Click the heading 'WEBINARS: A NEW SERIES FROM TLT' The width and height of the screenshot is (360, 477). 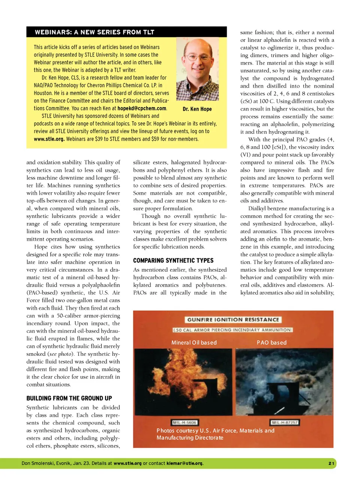94,32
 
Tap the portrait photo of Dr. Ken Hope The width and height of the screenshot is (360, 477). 197,70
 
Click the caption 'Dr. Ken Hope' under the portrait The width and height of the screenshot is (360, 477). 197,109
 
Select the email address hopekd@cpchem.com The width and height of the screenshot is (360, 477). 142,108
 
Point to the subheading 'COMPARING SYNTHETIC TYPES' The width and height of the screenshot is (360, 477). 173,260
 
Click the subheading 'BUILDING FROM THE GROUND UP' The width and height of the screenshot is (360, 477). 69,398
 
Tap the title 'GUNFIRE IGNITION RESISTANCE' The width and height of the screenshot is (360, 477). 233,320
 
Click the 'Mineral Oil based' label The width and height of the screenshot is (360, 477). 194,343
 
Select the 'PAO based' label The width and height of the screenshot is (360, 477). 271,343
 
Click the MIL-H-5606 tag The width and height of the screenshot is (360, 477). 184,423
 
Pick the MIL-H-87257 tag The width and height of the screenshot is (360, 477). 285,423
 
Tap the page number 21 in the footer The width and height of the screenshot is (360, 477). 331,463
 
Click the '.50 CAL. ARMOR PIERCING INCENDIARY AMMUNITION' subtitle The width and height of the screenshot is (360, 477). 232,330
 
